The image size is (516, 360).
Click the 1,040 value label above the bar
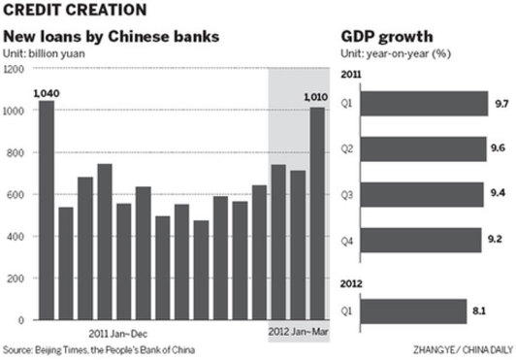pos(46,92)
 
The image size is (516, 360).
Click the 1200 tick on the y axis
pos(14,70)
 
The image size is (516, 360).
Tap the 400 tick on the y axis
pos(16,236)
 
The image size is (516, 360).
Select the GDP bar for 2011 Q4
pos(423,236)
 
